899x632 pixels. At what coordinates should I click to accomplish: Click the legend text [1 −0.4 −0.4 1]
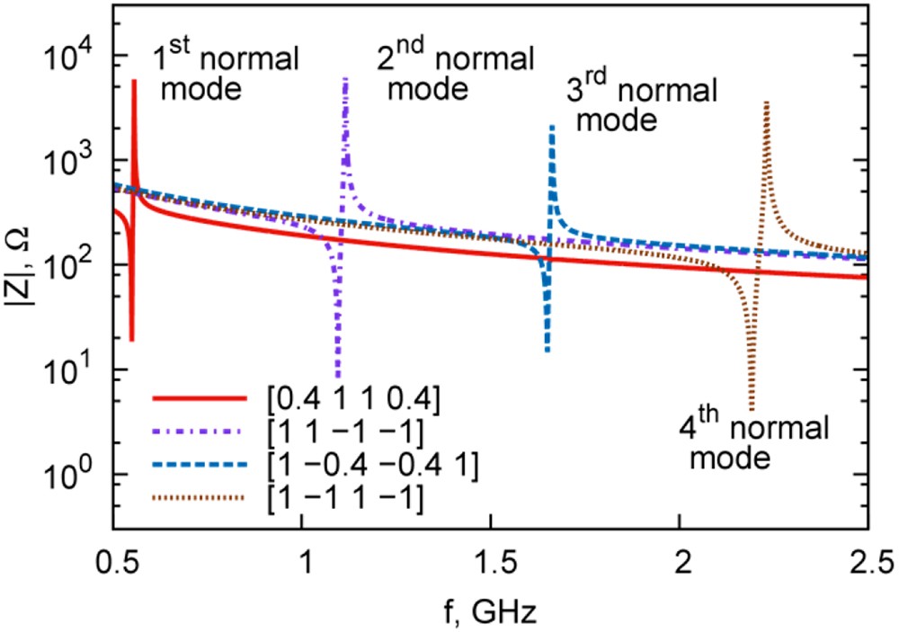coord(365,463)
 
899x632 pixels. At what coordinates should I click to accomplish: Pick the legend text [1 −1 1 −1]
coord(342,496)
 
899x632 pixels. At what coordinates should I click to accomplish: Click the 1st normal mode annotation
coord(223,74)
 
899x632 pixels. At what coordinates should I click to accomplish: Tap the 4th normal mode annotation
coord(753,440)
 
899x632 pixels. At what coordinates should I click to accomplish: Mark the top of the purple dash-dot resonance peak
coord(345,79)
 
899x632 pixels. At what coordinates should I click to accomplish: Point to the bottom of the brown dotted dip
coord(752,409)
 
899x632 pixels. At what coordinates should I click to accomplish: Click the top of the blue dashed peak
coord(552,127)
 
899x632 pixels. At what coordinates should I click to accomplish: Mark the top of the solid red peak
coord(134,81)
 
